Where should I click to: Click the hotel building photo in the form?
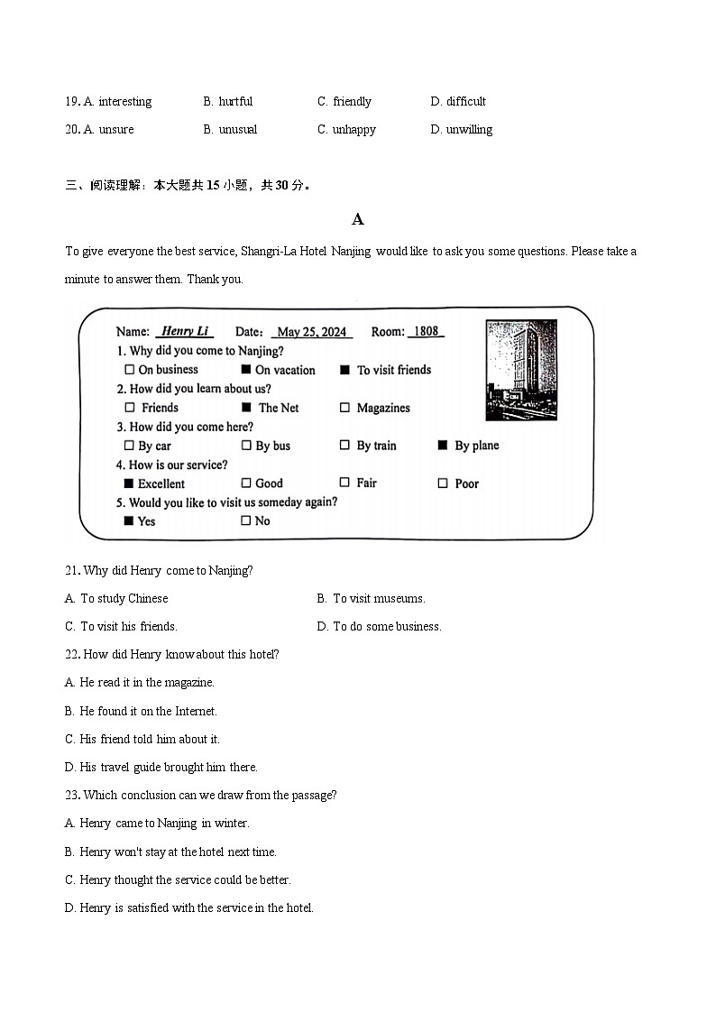pos(520,370)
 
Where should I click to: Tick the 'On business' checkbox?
pos(129,370)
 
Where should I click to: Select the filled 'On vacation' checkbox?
pos(245,370)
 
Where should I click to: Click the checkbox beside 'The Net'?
pos(246,408)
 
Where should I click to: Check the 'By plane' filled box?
pos(443,446)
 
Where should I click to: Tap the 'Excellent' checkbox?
pos(129,483)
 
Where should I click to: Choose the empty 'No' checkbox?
pos(245,520)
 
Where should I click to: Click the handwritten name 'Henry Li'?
pos(184,332)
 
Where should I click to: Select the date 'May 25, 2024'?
pos(312,332)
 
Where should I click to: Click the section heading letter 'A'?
pos(358,219)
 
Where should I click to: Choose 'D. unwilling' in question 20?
pos(462,129)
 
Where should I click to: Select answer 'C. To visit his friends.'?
pos(121,626)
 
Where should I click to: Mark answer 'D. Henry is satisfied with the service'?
pos(189,907)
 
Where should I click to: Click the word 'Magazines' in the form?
pos(383,408)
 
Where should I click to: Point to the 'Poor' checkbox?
pos(443,483)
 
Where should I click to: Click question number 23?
pos(72,795)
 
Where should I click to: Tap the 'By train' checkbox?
pos(344,446)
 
